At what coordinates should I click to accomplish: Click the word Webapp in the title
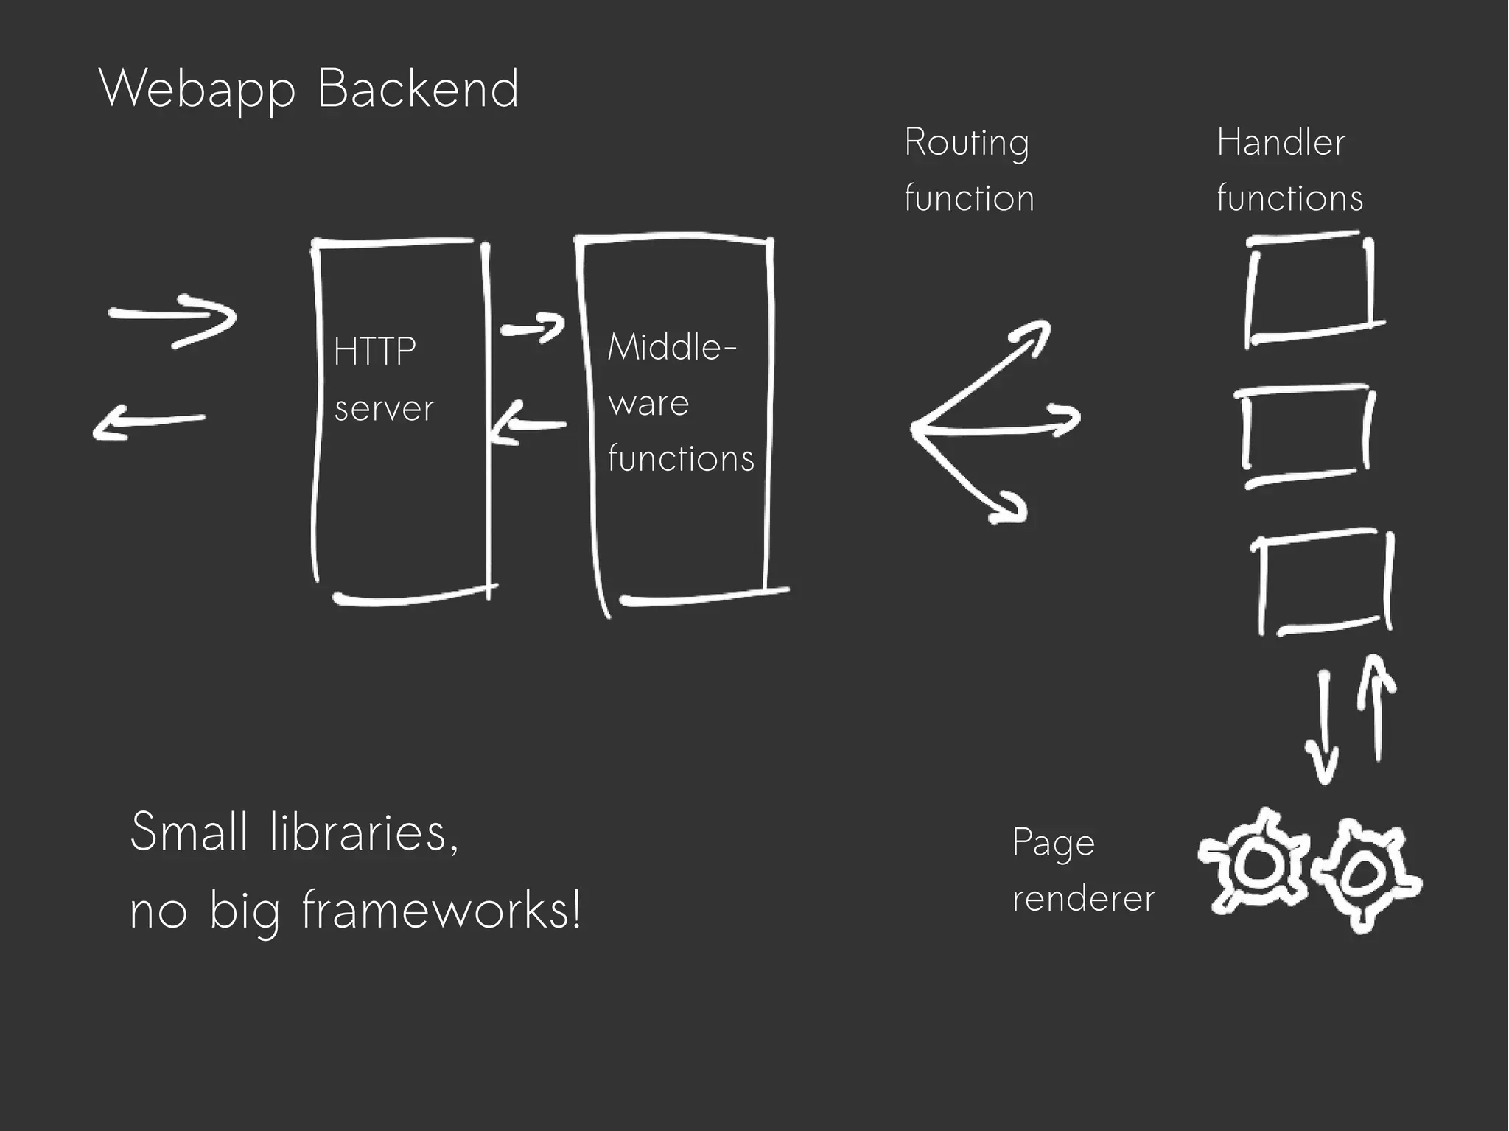(197, 89)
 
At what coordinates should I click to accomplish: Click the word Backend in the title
(418, 88)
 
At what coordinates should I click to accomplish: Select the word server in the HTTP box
(384, 408)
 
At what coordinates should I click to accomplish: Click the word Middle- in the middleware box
(671, 346)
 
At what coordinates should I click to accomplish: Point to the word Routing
(966, 142)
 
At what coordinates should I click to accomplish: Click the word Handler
(1281, 142)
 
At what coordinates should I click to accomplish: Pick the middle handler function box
(1304, 435)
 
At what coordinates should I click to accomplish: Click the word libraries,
(364, 832)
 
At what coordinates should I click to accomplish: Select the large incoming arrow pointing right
(173, 319)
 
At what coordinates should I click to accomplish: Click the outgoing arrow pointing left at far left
(147, 424)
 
